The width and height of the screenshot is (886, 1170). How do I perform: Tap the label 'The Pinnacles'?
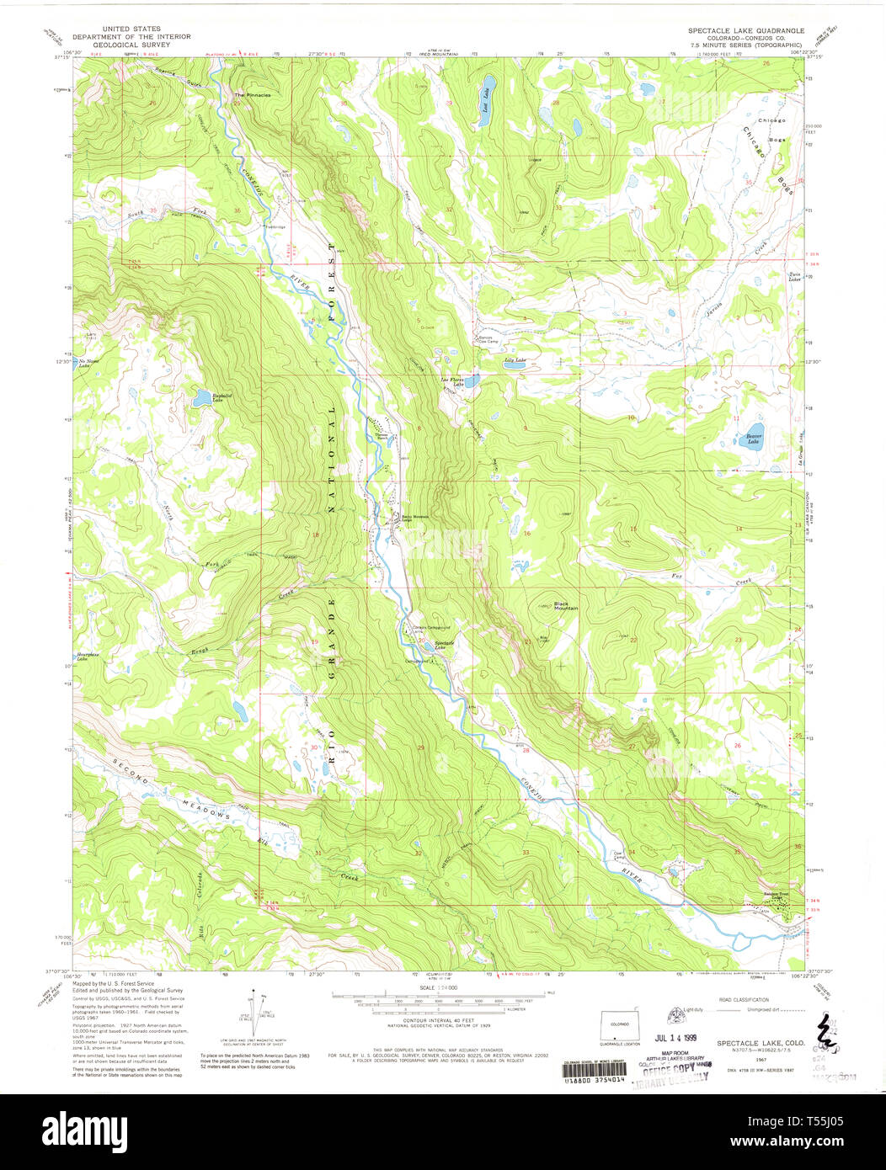[x=253, y=95]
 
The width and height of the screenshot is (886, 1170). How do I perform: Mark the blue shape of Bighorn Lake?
[x=202, y=397]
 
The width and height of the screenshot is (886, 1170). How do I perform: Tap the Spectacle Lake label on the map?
[x=444, y=644]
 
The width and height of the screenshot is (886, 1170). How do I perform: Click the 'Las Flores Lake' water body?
[x=472, y=381]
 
